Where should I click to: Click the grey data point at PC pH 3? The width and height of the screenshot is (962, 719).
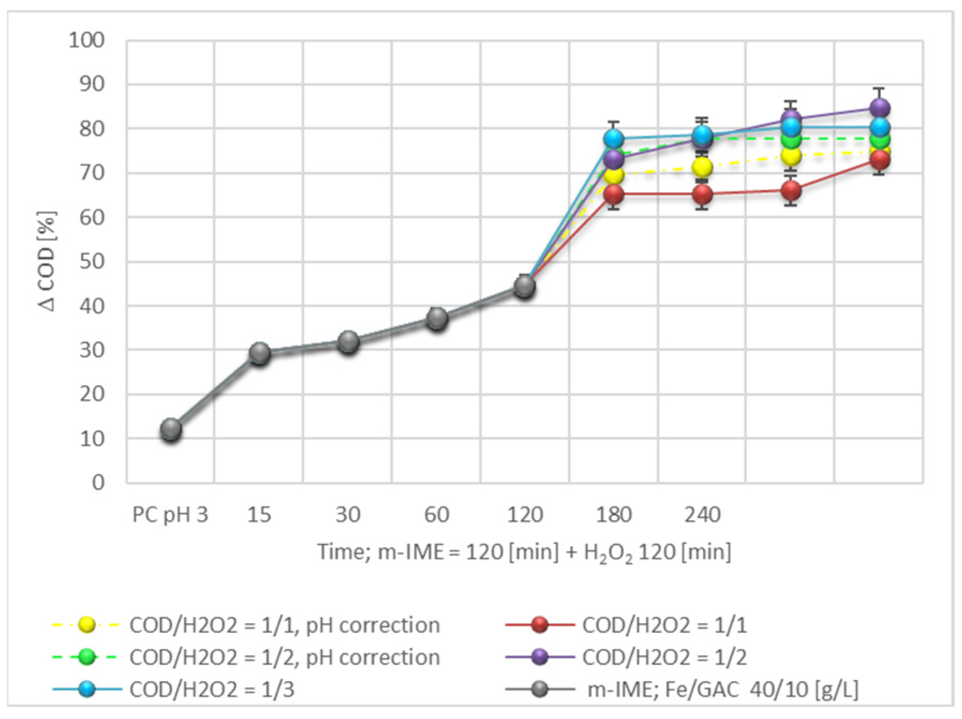click(x=171, y=429)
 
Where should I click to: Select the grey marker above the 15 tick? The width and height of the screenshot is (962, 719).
click(x=259, y=353)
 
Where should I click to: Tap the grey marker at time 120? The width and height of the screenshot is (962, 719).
click(x=525, y=286)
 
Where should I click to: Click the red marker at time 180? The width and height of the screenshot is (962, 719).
click(x=614, y=194)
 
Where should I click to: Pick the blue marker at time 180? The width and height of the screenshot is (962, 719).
click(x=614, y=139)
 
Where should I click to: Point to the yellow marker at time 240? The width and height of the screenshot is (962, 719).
click(x=702, y=168)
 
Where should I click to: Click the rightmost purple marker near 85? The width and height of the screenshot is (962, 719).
click(x=879, y=109)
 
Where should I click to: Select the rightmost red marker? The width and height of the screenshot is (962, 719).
click(x=879, y=160)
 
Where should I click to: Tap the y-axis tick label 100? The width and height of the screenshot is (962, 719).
click(x=86, y=40)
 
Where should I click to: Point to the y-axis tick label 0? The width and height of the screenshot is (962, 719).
click(x=98, y=483)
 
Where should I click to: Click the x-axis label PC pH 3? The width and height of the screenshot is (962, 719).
click(x=170, y=515)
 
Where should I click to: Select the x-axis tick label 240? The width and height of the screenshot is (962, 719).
click(x=702, y=515)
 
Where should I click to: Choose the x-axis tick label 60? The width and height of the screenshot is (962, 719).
click(x=436, y=515)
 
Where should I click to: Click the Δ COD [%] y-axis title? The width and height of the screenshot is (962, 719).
click(x=47, y=261)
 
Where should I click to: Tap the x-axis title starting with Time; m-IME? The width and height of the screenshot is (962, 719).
click(x=524, y=552)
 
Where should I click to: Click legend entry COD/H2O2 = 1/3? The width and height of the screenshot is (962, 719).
click(x=212, y=690)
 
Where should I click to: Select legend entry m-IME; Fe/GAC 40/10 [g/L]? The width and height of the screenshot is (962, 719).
click(x=722, y=690)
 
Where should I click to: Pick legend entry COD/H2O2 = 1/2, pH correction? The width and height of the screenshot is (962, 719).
click(x=284, y=657)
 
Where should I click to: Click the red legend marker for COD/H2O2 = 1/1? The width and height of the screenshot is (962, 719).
click(x=540, y=625)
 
